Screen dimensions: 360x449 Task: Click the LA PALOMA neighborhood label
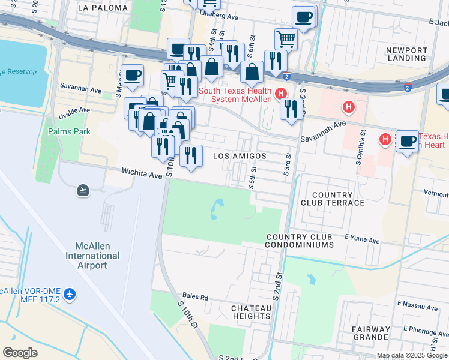point(103,8)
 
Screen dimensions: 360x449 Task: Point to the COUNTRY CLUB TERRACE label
point(338,199)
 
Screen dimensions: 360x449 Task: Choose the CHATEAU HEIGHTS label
point(251,312)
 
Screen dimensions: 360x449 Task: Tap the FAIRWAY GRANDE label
point(371,333)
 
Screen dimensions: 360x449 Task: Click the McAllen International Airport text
point(89,256)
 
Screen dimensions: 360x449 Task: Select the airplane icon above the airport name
point(83,190)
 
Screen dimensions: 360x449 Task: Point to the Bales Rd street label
point(196,297)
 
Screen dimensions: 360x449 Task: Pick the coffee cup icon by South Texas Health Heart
point(407,141)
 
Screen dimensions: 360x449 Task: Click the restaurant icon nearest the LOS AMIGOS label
point(191,156)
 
